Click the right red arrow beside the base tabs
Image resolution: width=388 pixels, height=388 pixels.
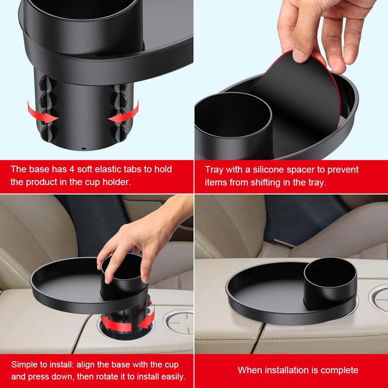[125, 113]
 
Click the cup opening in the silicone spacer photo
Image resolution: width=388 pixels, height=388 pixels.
[232, 115]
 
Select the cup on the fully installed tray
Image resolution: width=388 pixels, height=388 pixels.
[330, 283]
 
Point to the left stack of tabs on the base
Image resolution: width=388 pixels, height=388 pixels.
[46, 109]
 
